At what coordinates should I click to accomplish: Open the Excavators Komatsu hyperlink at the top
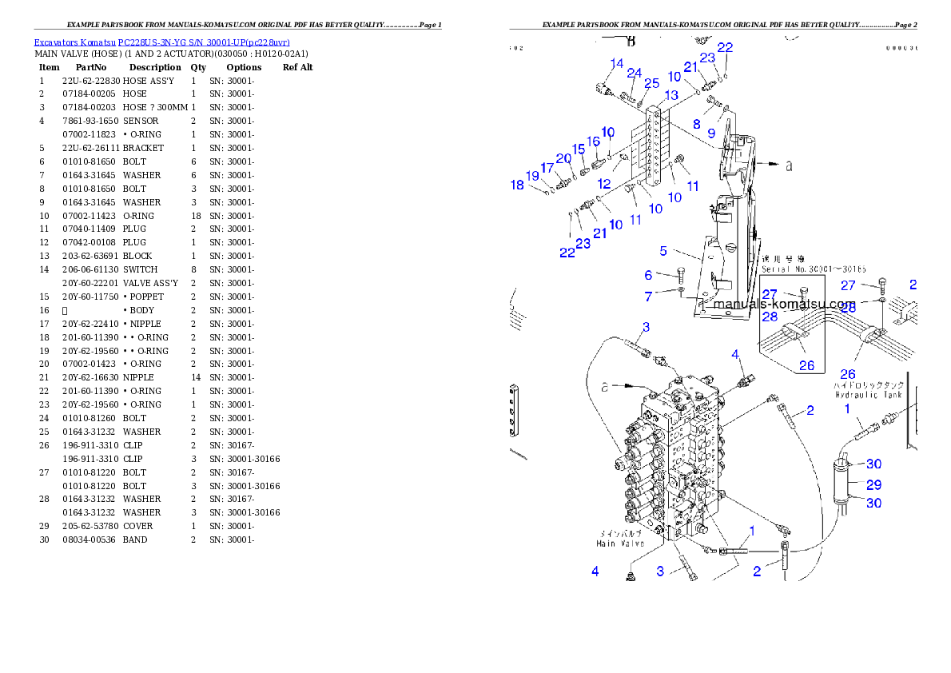point(161,42)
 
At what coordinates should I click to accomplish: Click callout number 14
point(617,64)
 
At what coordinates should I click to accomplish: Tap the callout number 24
point(634,74)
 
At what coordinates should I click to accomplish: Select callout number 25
point(652,83)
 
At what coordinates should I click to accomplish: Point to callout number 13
point(670,95)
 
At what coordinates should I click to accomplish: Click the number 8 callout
point(697,124)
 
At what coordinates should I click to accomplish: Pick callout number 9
point(711,134)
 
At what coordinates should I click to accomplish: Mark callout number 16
point(593,141)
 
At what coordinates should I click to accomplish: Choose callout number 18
point(518,185)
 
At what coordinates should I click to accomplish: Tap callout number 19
point(532,176)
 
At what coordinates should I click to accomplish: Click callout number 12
point(604,184)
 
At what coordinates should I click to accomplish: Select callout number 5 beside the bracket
point(663,251)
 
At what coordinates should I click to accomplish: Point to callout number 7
point(648,297)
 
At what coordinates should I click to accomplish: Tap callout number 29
point(873,484)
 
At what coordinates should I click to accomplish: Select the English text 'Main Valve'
point(620,544)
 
